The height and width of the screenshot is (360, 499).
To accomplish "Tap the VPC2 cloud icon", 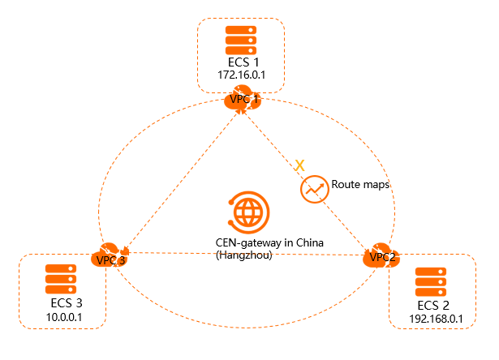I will pyautogui.click(x=380, y=255).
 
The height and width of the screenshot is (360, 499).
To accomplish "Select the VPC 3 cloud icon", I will pyautogui.click(x=109, y=255).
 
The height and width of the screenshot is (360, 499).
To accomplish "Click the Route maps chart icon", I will pyautogui.click(x=313, y=188).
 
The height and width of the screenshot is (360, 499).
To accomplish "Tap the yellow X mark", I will pyautogui.click(x=299, y=165).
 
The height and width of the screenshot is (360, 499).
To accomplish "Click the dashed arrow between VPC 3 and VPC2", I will pyautogui.click(x=243, y=253).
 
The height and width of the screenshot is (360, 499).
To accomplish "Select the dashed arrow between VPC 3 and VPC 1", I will pyautogui.click(x=180, y=178).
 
